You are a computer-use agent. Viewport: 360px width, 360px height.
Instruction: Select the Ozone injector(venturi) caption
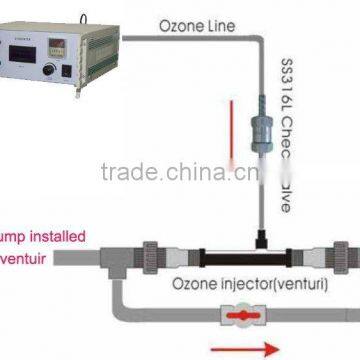point(244,282)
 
